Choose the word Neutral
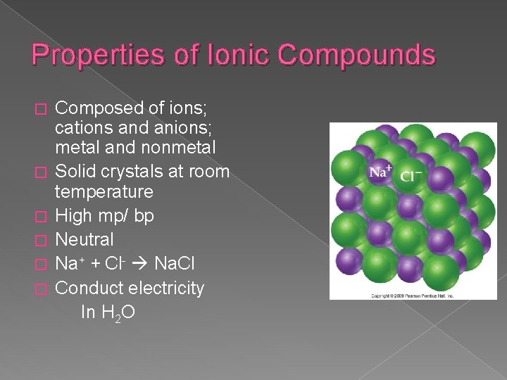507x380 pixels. coord(84,241)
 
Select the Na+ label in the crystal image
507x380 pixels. coord(380,172)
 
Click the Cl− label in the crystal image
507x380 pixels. coord(411,175)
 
